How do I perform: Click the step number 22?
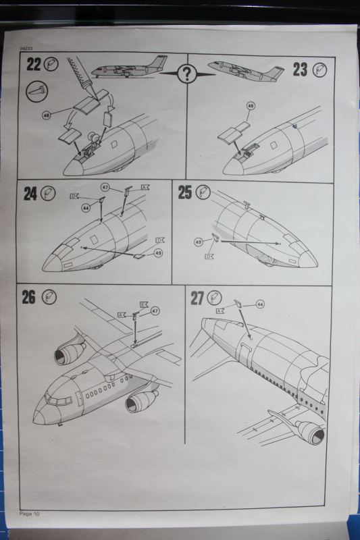[33, 65]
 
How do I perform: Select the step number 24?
[30, 194]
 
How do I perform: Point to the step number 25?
[185, 192]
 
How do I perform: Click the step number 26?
[28, 297]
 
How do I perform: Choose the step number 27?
[197, 298]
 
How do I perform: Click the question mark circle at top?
[186, 74]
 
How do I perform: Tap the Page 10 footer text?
[30, 514]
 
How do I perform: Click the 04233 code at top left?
[26, 50]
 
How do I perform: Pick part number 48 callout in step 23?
[250, 106]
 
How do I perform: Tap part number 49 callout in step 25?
[199, 241]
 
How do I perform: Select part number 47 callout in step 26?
[155, 310]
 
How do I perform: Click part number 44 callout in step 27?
[260, 304]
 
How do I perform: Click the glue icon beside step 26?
[49, 297]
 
